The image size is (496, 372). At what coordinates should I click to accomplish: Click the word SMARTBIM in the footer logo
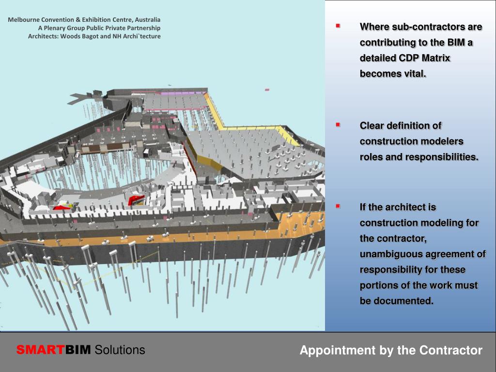pos(53,350)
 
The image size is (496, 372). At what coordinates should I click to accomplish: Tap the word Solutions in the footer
pos(120,350)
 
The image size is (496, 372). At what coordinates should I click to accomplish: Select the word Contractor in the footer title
pos(451,350)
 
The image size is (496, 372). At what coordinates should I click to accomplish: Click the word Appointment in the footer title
pos(337,351)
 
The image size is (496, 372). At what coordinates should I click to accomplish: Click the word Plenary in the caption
pos(54,28)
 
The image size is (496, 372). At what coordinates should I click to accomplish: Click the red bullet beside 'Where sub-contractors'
pos(338,26)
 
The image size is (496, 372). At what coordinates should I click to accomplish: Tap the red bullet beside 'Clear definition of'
pos(338,124)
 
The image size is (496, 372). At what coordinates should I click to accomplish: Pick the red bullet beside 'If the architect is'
pos(338,206)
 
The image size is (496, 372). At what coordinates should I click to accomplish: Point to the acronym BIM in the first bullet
pos(456,43)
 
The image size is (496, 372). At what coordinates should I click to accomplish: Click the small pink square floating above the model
pos(267,90)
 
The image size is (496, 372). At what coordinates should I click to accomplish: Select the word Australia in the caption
pos(147,19)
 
